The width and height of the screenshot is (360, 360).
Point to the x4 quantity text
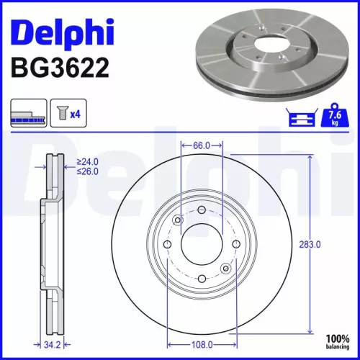(76, 113)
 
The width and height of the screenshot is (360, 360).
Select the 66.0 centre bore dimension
(202, 145)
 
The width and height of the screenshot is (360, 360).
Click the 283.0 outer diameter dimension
(309, 245)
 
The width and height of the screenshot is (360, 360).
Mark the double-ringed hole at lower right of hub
(226, 269)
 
